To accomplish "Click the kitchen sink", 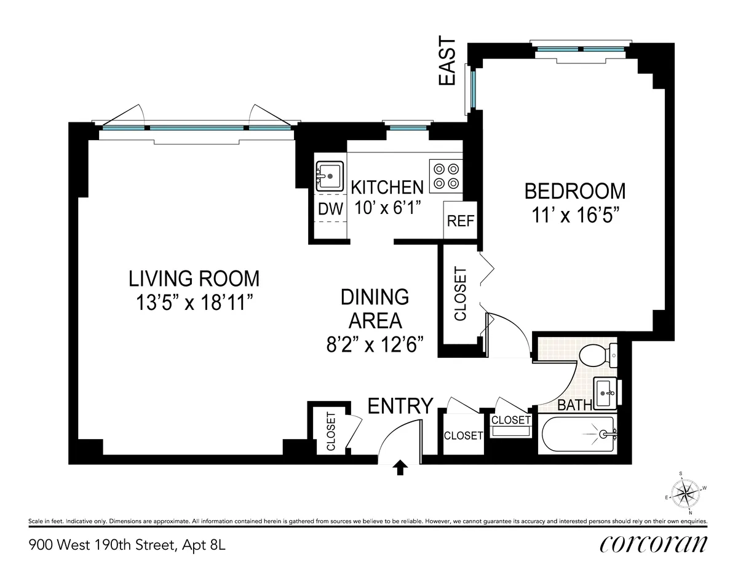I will point(330,176).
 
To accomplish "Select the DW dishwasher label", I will point(330,209).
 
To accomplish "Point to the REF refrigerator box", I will point(460,221).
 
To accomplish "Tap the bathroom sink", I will point(607,391).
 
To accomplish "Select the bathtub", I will point(578,435).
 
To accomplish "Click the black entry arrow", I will point(400,468).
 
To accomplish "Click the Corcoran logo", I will point(653,544).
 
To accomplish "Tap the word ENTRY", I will point(400,406).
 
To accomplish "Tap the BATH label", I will point(575,405).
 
